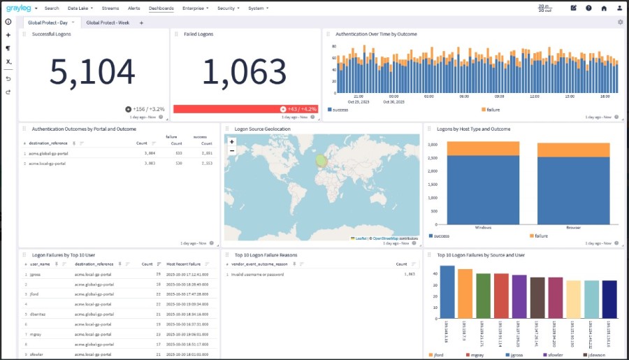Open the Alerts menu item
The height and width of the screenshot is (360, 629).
point(133,8)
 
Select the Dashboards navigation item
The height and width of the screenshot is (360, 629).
point(161,8)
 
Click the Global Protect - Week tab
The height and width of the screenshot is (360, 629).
point(108,22)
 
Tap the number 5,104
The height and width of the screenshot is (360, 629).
point(92,71)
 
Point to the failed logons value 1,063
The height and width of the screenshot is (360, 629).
point(245,71)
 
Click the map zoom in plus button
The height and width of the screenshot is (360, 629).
point(231,141)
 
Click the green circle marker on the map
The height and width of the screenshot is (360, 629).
point(321,161)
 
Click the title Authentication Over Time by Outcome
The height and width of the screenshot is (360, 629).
point(376,34)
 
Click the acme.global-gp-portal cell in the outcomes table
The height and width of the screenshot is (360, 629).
point(50,152)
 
